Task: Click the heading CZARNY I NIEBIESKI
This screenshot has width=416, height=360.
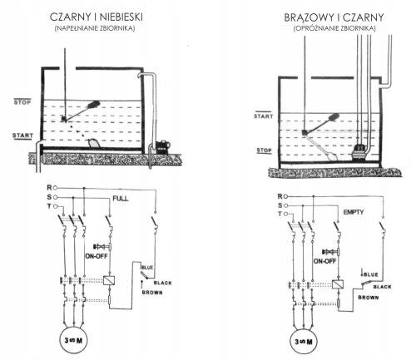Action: point(97,17)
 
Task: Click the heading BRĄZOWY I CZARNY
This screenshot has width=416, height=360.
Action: point(334,17)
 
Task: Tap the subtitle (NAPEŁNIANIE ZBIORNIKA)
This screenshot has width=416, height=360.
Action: point(95,28)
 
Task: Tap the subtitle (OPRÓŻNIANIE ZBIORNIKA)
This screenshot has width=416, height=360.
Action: point(334,28)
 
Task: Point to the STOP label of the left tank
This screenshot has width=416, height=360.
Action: point(22,102)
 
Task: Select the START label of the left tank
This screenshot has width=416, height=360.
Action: point(22,136)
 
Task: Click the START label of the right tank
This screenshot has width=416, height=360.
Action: point(264,116)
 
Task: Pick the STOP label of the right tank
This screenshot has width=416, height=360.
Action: point(264,150)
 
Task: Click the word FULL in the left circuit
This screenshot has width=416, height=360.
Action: point(121,199)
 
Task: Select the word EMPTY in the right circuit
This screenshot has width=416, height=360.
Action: point(354,212)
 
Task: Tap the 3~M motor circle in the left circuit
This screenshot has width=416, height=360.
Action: point(73,340)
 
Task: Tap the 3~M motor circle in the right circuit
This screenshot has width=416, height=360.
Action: point(304,342)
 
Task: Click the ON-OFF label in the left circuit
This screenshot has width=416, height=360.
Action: point(97,256)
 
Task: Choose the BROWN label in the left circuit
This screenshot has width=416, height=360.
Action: point(152,293)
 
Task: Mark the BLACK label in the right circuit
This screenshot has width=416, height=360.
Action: point(382,287)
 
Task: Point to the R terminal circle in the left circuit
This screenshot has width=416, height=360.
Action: point(55,188)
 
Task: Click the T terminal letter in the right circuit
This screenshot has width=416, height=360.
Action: point(280,214)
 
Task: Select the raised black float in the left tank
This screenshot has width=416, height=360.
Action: point(93,105)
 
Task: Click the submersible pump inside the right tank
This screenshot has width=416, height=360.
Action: point(359,152)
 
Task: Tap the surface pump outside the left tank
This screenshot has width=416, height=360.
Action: point(162,146)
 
